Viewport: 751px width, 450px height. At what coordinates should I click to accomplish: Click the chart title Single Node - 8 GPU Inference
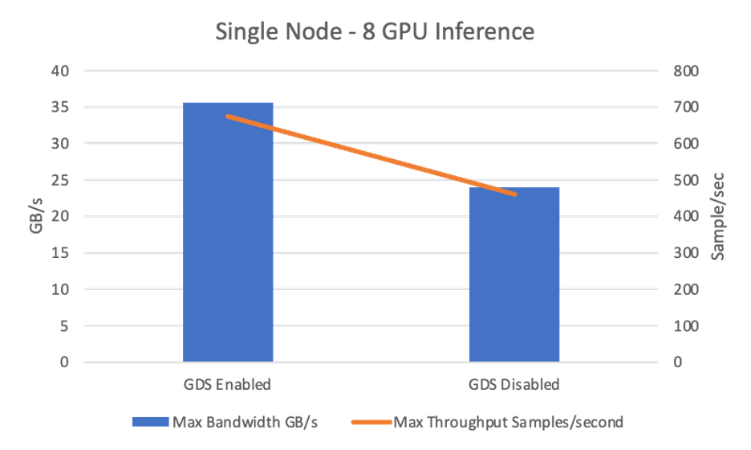tap(375, 32)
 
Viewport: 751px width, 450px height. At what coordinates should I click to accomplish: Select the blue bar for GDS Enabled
tap(229, 232)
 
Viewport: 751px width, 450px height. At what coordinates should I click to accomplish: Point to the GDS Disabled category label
tap(514, 384)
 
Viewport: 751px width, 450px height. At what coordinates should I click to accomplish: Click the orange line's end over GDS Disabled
tap(514, 194)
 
